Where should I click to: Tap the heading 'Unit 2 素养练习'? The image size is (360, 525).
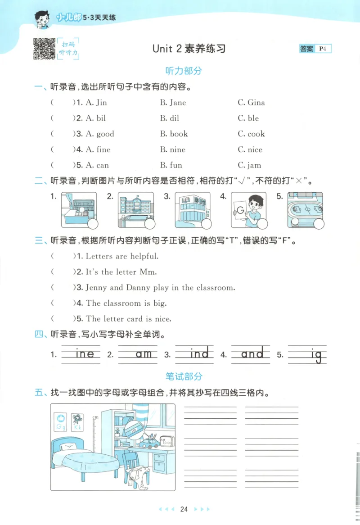pyautogui.click(x=189, y=49)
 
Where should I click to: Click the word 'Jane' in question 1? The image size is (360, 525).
pyautogui.click(x=178, y=103)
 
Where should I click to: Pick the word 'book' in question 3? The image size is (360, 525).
pyautogui.click(x=179, y=134)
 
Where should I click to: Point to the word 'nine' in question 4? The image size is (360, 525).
pyautogui.click(x=177, y=149)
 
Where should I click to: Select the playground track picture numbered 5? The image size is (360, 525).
pyautogui.click(x=305, y=209)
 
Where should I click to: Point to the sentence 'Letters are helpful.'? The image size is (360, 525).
pyautogui.click(x=122, y=256)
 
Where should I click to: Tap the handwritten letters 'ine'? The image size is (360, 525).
pyautogui.click(x=85, y=354)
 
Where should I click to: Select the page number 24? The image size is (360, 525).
pyautogui.click(x=184, y=509)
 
